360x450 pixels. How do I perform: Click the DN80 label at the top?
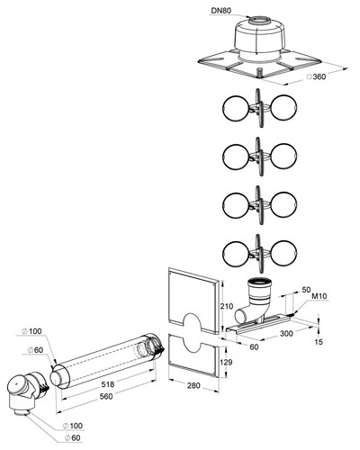point(221,11)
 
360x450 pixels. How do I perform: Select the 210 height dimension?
point(227,306)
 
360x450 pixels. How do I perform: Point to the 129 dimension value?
point(226,362)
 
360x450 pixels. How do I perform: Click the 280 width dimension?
point(193,385)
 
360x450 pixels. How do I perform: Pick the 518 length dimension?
point(108,384)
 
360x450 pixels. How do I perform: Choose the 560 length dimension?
point(106,396)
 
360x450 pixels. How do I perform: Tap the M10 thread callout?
point(319,296)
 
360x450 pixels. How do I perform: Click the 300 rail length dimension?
point(286,333)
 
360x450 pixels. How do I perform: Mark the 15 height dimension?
point(319,342)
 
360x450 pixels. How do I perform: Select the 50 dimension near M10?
point(306,290)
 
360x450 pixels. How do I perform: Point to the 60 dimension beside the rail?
point(254,346)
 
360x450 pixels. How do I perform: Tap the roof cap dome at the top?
point(257,38)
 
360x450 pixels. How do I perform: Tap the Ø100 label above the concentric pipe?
point(31,331)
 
